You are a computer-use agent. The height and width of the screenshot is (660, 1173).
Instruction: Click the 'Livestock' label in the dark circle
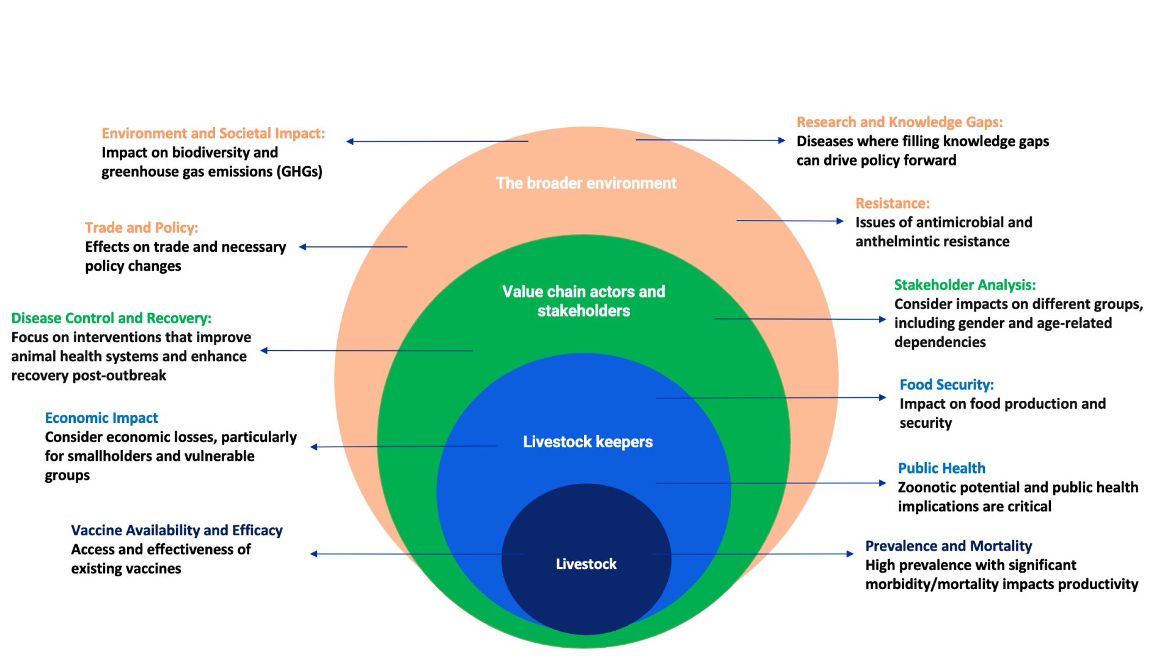[x=586, y=564]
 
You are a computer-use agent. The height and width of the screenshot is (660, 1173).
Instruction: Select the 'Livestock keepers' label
[x=588, y=442]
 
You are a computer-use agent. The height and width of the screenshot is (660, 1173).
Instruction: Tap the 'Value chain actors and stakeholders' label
[x=583, y=301]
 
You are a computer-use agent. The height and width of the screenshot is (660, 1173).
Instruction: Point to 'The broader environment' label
[x=586, y=183]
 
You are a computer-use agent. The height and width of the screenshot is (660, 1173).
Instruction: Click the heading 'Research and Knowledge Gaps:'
[x=899, y=122]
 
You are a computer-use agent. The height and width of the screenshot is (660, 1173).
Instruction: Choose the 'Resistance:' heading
[x=892, y=204]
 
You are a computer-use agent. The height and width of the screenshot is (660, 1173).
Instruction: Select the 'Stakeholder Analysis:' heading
[x=965, y=285]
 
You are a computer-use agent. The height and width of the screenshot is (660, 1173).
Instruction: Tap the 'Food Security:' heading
[x=946, y=385]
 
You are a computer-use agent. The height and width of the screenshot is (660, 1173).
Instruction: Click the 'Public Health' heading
[x=941, y=469]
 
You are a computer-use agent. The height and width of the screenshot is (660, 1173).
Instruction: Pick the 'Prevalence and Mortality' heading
[x=948, y=546]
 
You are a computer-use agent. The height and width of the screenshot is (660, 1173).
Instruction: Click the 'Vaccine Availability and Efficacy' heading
[x=177, y=530]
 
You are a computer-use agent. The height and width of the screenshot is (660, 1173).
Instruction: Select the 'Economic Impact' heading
[x=101, y=418]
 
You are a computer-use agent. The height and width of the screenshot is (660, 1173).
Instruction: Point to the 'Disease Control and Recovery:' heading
[x=111, y=318]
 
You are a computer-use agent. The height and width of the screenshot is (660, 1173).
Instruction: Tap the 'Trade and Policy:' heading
[x=142, y=228]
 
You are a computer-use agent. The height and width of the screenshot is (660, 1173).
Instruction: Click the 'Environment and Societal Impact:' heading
[x=213, y=134]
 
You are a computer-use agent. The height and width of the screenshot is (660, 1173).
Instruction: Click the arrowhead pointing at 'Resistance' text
[x=841, y=221]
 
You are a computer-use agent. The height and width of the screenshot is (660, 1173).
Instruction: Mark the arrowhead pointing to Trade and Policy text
[x=302, y=247]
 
